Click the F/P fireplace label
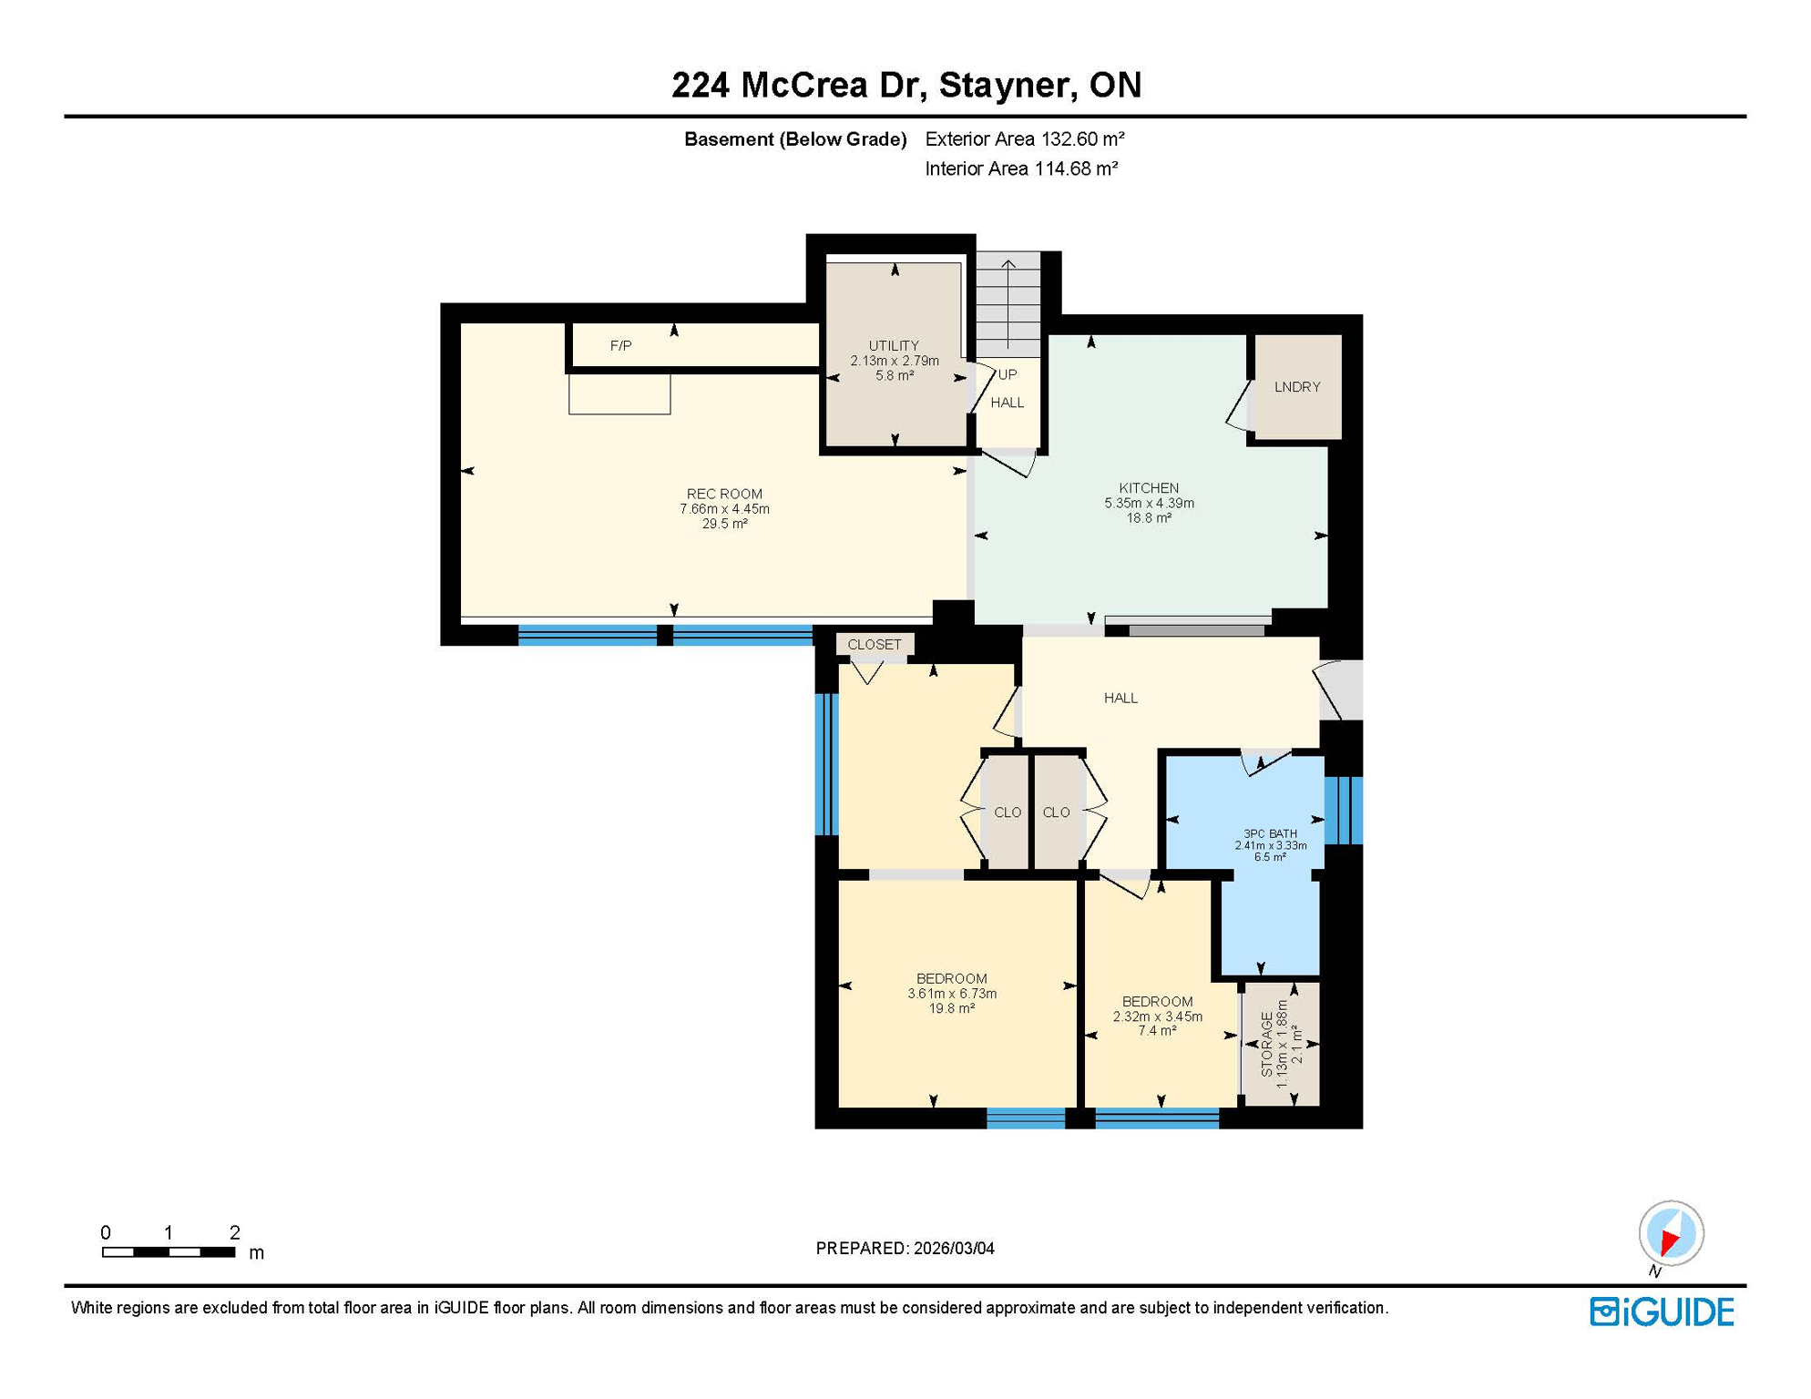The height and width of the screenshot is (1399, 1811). coord(620,346)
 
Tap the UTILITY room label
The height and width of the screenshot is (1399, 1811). coord(893,346)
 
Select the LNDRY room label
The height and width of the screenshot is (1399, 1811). coord(1296,387)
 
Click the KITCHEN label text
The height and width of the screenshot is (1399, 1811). coord(1148,488)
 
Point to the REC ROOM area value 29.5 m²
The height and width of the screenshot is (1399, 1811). coord(724,524)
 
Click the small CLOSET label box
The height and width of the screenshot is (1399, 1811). coord(874,644)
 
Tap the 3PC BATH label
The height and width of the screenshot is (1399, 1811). coord(1270,833)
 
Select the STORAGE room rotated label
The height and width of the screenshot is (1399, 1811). coord(1266,1044)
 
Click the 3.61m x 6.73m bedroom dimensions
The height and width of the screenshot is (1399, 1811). coord(951,994)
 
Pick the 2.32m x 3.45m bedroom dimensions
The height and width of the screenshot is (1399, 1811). coord(1157,1016)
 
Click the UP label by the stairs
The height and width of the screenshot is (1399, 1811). coord(1007,374)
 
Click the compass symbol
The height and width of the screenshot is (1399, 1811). coord(1671,1233)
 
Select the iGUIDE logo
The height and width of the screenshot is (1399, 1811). coord(1662,1312)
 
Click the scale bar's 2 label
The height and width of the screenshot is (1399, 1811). coord(234,1232)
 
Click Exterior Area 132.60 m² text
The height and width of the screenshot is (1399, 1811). coord(1024,139)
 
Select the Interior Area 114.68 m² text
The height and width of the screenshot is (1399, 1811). coord(1020,168)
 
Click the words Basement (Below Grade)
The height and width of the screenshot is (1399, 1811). coord(794,139)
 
